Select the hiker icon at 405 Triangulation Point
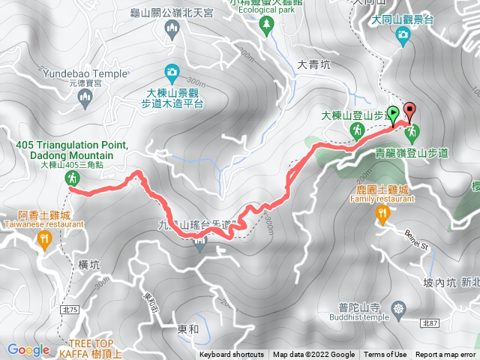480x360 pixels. coord(72,178)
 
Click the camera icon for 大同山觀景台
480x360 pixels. coord(403,34)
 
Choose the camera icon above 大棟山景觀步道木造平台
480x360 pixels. coord(172,72)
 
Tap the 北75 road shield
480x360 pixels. coord(70,309)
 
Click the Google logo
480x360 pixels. coord(28,349)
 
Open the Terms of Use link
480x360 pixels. coord(385,355)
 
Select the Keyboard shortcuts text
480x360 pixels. coord(232,355)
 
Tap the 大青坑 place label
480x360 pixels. coord(313,64)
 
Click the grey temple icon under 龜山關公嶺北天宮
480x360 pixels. coord(172,28)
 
